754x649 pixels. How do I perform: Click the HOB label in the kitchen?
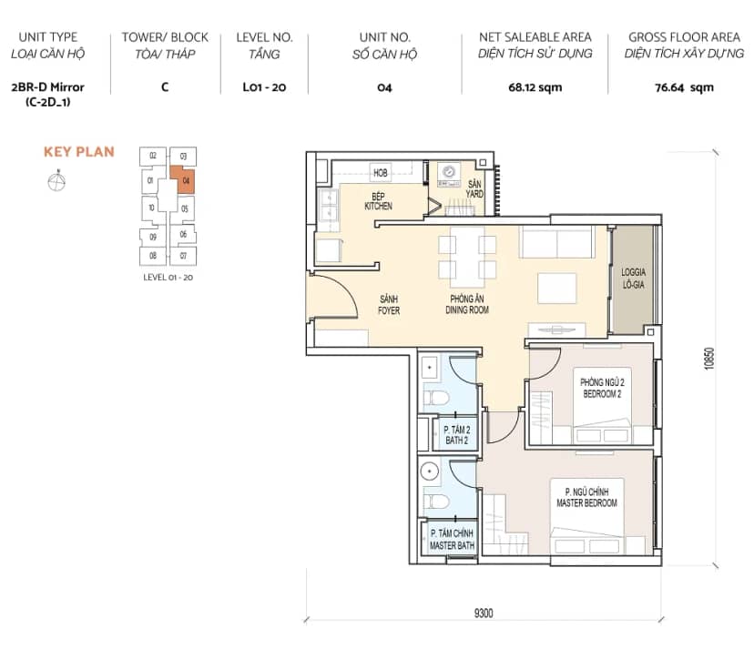pyautogui.click(x=381, y=173)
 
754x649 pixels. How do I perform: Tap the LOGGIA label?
pyautogui.click(x=633, y=272)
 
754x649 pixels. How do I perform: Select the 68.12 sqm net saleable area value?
pyautogui.click(x=535, y=87)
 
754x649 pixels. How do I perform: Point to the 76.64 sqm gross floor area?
pyautogui.click(x=684, y=87)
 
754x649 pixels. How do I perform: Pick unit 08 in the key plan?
pyautogui.click(x=153, y=256)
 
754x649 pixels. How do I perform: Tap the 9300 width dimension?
pyautogui.click(x=484, y=613)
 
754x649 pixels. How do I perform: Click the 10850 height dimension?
pyautogui.click(x=709, y=359)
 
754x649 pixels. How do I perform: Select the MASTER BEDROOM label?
pyautogui.click(x=586, y=503)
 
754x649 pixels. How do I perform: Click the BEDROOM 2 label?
pyautogui.click(x=602, y=394)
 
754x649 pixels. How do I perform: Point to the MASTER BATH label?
pyautogui.click(x=452, y=545)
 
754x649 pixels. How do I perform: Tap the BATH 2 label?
pyautogui.click(x=456, y=441)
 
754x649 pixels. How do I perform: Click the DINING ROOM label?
pyautogui.click(x=467, y=310)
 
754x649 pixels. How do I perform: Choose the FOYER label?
pyautogui.click(x=389, y=310)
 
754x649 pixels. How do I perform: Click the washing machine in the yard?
pyautogui.click(x=449, y=175)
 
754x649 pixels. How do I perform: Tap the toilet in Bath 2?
pyautogui.click(x=436, y=398)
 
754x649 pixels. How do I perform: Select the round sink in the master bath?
pyautogui.click(x=429, y=472)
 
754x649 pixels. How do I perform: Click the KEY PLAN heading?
pyautogui.click(x=79, y=152)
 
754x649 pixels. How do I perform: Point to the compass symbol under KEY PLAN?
pyautogui.click(x=56, y=181)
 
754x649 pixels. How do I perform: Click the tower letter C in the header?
pyautogui.click(x=165, y=87)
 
